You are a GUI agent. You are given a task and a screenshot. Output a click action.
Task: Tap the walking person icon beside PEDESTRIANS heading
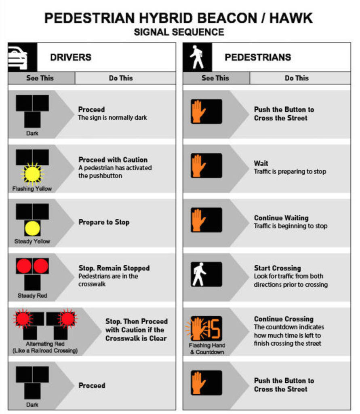pyautogui.click(x=197, y=57)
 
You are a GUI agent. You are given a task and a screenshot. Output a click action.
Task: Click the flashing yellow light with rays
pyautogui.click(x=32, y=174)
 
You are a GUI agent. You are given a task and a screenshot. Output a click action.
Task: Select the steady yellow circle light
pyautogui.click(x=32, y=228)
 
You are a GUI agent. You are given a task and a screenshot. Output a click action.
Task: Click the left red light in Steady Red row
pyautogui.click(x=24, y=266)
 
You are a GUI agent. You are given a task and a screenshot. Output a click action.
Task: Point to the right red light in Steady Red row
pyautogui.click(x=41, y=266)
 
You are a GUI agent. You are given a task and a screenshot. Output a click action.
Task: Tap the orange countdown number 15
pyautogui.click(x=214, y=328)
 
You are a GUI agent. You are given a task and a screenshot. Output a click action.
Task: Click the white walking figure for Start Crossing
pyautogui.click(x=199, y=274)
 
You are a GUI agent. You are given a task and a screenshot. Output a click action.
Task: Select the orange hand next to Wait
pyautogui.click(x=198, y=165)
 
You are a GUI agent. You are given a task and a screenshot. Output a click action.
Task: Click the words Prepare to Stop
pyautogui.click(x=104, y=222)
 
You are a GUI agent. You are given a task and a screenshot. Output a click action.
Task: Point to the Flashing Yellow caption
pyautogui.click(x=32, y=188)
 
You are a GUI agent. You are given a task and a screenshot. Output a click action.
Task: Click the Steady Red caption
pyautogui.click(x=32, y=296)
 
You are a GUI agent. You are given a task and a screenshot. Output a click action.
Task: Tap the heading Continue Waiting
pyautogui.click(x=281, y=218)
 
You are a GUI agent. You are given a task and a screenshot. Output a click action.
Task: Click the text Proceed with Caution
pyautogui.click(x=113, y=160)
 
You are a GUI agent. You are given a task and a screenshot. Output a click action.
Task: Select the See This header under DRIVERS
pyautogui.click(x=40, y=78)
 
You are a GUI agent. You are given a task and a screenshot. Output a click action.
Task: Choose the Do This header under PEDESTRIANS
pyautogui.click(x=297, y=78)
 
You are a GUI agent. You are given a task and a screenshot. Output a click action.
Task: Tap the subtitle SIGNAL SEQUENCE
pyautogui.click(x=179, y=32)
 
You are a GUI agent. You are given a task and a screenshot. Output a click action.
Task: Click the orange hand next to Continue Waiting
pyautogui.click(x=198, y=220)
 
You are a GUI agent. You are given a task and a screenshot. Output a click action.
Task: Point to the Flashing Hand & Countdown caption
pyautogui.click(x=207, y=349)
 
